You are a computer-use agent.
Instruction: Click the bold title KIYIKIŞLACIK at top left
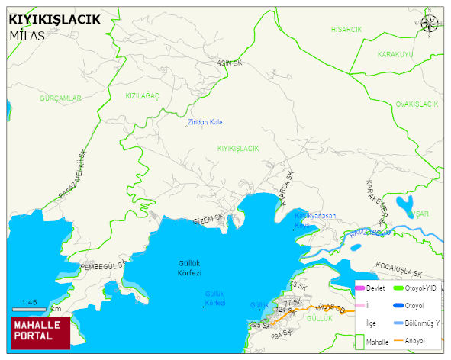(53, 20)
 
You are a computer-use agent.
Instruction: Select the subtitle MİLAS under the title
(27, 35)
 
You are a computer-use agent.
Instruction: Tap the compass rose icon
(430, 23)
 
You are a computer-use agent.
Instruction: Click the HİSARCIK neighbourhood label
(346, 29)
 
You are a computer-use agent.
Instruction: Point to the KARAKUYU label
(395, 55)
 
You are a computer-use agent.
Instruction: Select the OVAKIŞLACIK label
(417, 104)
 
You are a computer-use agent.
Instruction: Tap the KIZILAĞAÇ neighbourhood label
(143, 96)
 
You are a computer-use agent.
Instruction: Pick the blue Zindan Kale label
(205, 122)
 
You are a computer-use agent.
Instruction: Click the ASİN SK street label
(229, 63)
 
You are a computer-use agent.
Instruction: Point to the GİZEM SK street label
(208, 219)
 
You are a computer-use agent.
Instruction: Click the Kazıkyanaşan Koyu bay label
(314, 220)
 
